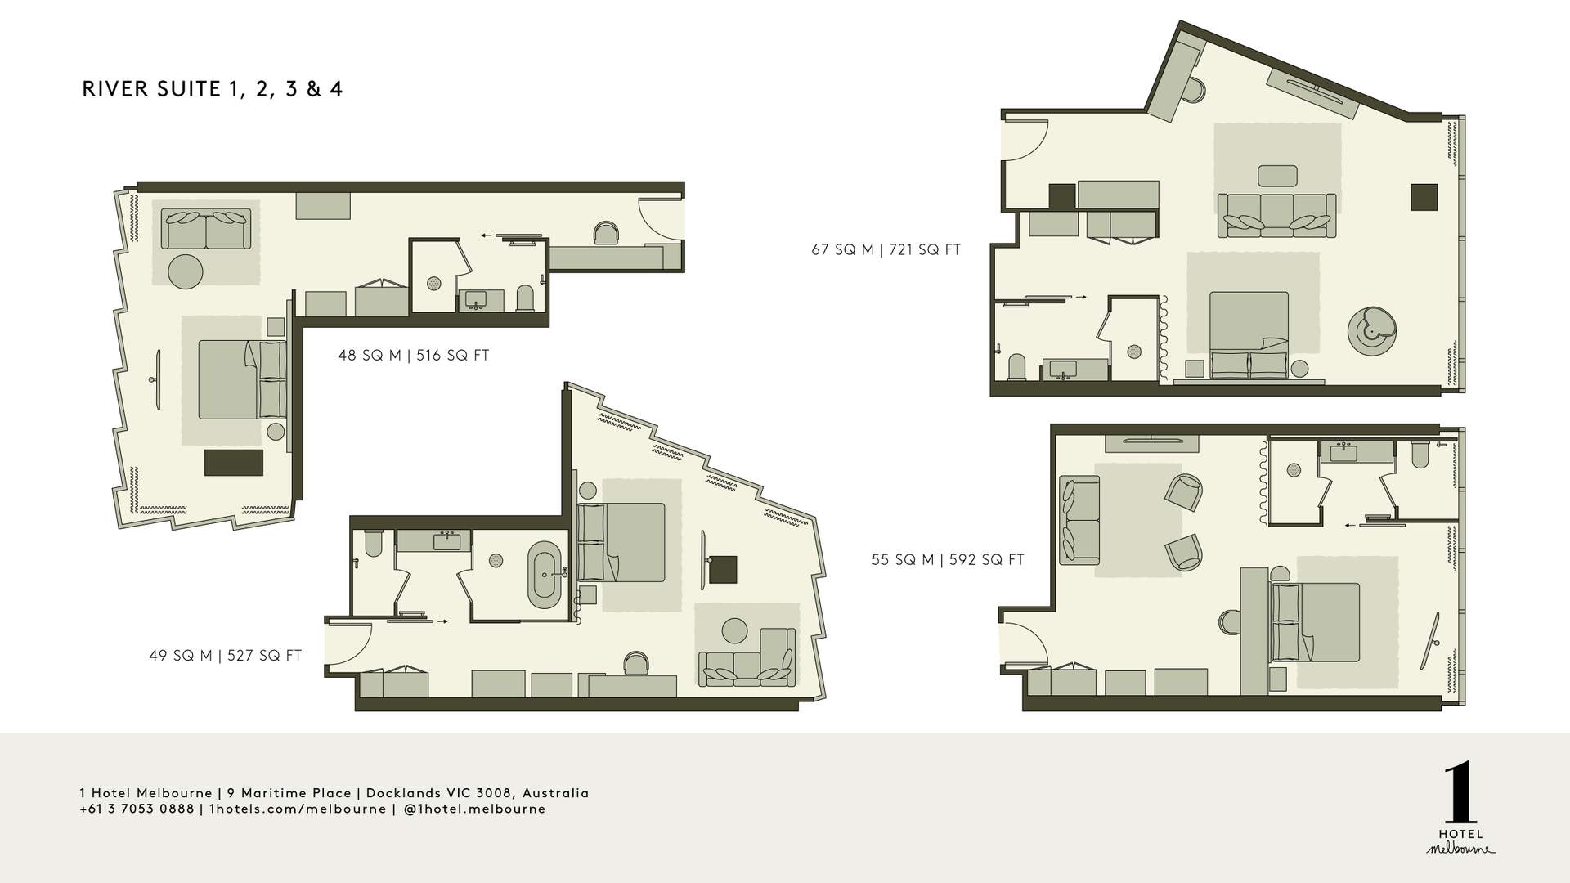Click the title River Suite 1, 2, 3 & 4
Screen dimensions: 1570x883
(x=213, y=89)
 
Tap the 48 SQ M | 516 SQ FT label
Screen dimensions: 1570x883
(x=414, y=356)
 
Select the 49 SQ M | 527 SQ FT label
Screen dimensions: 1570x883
(x=226, y=656)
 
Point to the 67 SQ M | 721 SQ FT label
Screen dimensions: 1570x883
(x=886, y=250)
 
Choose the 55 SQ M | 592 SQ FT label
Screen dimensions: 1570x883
(x=948, y=560)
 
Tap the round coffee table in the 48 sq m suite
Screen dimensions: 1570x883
(x=186, y=271)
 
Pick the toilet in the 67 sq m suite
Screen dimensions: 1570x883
(x=1018, y=367)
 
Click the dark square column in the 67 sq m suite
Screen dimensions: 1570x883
(x=1424, y=197)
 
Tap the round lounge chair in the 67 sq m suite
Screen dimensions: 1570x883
(x=1371, y=331)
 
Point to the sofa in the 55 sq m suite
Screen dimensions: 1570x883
(x=1079, y=521)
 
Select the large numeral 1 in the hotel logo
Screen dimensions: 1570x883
(x=1460, y=794)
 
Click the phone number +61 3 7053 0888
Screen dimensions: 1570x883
(x=137, y=809)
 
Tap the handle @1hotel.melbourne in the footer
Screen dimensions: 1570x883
(x=475, y=809)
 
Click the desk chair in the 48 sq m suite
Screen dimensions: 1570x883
(x=606, y=233)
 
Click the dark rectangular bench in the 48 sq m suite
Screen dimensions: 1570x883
(x=234, y=463)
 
